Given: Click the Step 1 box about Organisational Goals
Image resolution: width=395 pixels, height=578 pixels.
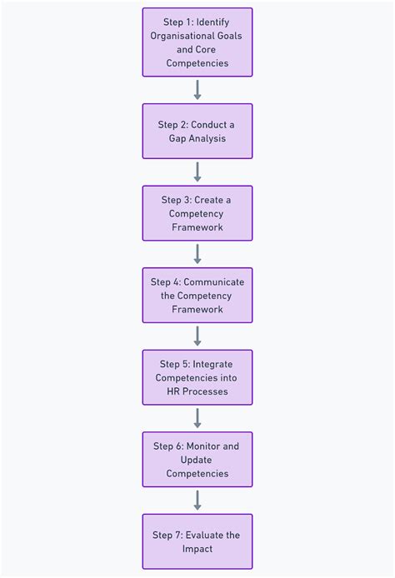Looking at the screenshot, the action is (197, 42).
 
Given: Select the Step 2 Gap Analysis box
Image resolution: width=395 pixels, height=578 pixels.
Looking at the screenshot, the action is (197, 132).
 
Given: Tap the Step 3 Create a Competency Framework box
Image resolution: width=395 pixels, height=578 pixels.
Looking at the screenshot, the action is (197, 213).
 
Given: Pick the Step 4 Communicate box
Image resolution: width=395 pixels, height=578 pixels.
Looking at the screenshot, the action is (197, 296).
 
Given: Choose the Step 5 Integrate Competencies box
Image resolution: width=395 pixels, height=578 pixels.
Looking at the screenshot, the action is (197, 377).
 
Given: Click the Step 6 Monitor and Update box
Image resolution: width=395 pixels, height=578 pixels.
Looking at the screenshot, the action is (197, 460).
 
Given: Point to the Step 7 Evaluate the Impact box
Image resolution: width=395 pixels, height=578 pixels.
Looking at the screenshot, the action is (197, 541).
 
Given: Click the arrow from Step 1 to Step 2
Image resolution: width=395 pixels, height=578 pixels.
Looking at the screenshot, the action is (197, 90).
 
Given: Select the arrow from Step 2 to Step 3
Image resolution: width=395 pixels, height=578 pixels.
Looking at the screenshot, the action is (197, 172).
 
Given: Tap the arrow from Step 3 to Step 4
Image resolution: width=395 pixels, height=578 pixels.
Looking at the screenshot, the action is (197, 254).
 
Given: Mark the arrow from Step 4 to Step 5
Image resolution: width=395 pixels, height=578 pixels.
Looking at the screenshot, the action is (197, 336).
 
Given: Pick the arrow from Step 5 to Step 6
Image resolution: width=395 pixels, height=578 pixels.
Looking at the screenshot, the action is (197, 418).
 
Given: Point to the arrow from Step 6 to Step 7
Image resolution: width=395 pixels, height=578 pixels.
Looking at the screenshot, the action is (197, 501).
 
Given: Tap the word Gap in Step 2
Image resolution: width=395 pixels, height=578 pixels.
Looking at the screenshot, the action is (177, 139).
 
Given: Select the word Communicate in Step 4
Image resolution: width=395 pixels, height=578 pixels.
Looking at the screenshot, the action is (214, 282).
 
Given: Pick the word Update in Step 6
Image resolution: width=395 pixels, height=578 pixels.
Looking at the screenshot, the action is (196, 461).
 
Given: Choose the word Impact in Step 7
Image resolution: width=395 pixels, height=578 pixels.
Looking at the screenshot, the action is (197, 549).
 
